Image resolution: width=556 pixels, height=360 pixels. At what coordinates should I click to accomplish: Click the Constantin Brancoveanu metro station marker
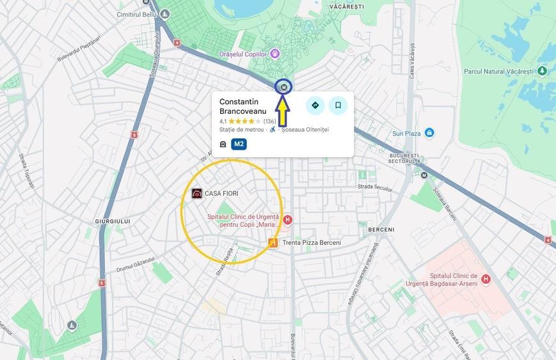pos(283,87)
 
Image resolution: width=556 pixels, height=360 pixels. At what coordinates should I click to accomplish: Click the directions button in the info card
pos(315,106)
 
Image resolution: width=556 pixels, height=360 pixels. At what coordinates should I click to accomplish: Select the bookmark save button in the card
pos(338,106)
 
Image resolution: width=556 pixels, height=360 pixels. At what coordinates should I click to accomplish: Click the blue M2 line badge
pos(239,144)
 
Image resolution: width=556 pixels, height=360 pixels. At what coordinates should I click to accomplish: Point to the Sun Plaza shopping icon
pos(429,133)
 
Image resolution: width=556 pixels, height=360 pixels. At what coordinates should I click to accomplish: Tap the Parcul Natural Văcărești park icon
pos(542,71)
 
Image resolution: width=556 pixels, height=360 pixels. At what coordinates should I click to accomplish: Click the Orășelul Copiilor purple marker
pos(275,54)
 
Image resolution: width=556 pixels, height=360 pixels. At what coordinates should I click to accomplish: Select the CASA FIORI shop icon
pos(197,193)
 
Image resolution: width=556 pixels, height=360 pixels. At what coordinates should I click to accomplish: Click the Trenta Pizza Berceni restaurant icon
pos(273,242)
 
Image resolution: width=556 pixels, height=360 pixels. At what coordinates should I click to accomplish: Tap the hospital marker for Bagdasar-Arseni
pos(486,279)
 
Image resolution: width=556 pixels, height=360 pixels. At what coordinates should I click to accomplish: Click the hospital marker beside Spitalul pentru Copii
pos(287,220)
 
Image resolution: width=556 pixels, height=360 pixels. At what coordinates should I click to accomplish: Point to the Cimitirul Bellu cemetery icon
pos(165,13)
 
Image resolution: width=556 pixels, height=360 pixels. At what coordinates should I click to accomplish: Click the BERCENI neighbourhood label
pos(381,230)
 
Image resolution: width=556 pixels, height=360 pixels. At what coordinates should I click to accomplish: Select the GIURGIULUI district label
pos(112,221)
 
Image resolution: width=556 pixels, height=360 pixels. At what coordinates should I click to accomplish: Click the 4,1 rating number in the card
pos(223,121)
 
